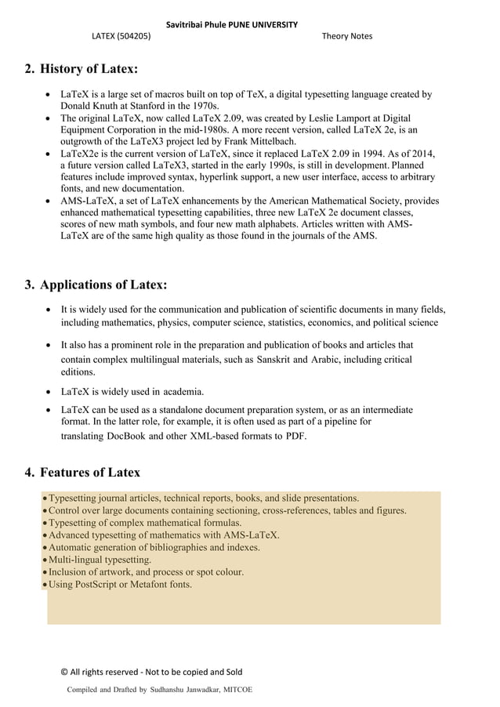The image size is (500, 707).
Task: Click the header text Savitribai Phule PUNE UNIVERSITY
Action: pyautogui.click(x=231, y=24)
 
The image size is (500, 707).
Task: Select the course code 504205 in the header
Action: pyautogui.click(x=134, y=36)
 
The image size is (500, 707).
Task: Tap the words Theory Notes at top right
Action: pyautogui.click(x=347, y=36)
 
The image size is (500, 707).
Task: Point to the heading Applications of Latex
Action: pyautogui.click(x=103, y=284)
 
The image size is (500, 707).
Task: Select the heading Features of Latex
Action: pyautogui.click(x=90, y=472)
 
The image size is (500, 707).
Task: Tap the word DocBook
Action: pyautogui.click(x=126, y=436)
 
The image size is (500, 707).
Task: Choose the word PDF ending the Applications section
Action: pyautogui.click(x=295, y=436)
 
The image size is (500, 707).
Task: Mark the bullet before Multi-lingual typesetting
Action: pyautogui.click(x=45, y=560)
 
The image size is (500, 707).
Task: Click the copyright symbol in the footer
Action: pyautogui.click(x=64, y=672)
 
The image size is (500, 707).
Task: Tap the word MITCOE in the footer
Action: pyautogui.click(x=236, y=689)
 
